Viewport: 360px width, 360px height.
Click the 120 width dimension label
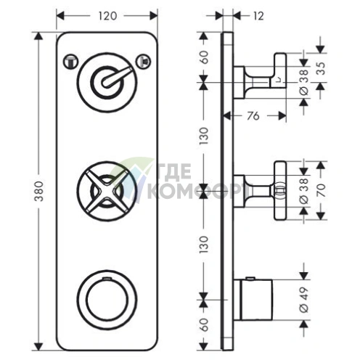tap(107, 16)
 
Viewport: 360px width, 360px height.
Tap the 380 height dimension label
tap(38, 191)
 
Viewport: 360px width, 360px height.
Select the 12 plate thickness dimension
tap(258, 16)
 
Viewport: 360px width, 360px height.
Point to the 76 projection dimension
tap(253, 116)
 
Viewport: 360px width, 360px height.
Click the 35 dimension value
tap(321, 68)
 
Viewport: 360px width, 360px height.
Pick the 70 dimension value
tap(321, 190)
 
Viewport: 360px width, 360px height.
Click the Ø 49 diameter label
tap(304, 300)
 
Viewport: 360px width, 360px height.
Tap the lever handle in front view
tap(115, 77)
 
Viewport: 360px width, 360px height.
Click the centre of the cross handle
tap(107, 191)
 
